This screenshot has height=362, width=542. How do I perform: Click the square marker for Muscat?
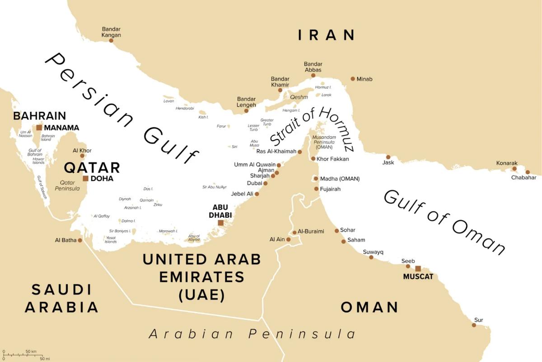[418, 268]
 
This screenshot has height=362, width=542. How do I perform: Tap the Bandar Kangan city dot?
[111, 40]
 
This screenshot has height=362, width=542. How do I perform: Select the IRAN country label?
[327, 35]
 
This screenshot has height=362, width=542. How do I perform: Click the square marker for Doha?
[85, 178]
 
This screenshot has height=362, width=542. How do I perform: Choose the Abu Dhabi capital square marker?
[220, 223]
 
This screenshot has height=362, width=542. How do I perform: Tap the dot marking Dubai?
[266, 183]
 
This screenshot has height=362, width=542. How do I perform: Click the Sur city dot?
[474, 325]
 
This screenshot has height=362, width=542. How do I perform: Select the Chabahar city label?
[523, 177]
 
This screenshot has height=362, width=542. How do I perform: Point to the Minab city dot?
[353, 79]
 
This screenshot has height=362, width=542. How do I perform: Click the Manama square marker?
[39, 128]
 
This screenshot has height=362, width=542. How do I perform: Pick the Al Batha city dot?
[80, 240]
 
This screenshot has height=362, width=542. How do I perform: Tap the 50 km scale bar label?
[31, 351]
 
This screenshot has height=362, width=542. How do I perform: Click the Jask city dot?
[388, 157]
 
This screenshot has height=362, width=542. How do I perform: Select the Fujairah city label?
[330, 189]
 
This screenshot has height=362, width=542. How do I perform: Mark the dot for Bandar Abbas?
[313, 75]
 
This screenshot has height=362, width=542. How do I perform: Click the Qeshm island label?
[299, 97]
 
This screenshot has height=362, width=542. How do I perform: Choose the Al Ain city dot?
[288, 239]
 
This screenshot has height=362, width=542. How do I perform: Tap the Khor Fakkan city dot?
[313, 159]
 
